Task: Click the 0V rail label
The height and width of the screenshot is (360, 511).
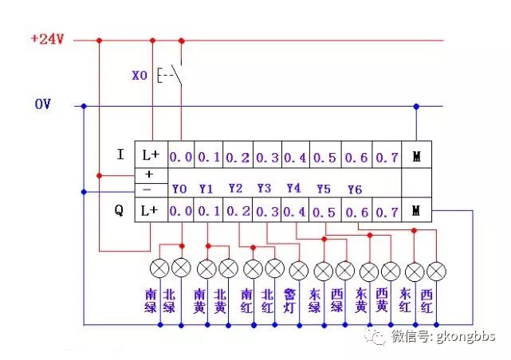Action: click(43, 104)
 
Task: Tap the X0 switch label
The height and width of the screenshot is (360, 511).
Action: click(140, 76)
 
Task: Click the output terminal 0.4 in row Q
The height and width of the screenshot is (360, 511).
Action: click(295, 212)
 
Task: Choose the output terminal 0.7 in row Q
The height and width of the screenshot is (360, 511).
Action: click(387, 212)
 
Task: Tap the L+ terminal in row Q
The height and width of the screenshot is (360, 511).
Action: click(151, 212)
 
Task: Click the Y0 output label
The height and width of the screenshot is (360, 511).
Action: click(179, 190)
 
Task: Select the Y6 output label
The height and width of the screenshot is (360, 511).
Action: click(355, 190)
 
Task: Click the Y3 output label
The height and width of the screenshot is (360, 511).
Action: click(265, 190)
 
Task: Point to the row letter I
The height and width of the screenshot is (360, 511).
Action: click(120, 155)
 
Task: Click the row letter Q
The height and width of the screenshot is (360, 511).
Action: click(119, 212)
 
